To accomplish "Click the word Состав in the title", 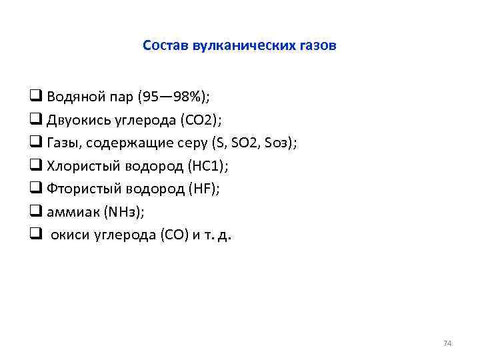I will tap(165, 46).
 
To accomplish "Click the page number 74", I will tap(447, 343).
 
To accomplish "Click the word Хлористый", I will tap(85, 166).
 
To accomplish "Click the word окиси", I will tap(71, 235).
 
